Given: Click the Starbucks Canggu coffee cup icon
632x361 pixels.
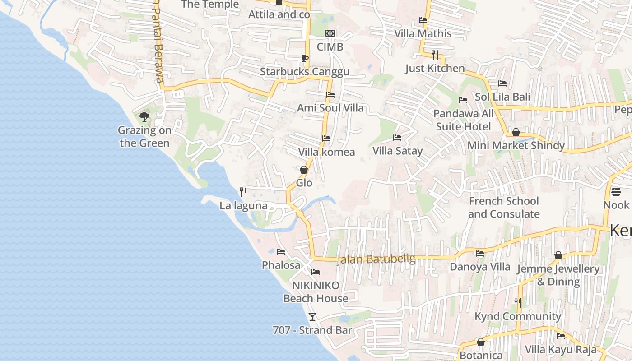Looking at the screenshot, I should (x=304, y=58).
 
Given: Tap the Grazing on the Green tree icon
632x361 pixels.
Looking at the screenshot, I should (x=144, y=117).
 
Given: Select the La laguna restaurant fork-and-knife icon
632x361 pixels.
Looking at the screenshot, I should (x=243, y=192).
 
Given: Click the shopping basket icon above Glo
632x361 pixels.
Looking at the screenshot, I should (x=304, y=170).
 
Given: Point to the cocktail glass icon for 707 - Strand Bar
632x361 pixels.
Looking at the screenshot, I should (x=312, y=316).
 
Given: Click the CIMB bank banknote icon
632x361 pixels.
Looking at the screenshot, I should (x=330, y=33).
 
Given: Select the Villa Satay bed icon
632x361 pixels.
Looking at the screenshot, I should (x=397, y=137).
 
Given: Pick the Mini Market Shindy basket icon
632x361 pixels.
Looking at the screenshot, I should (x=516, y=132).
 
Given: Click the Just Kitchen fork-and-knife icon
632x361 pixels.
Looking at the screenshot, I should (x=435, y=55).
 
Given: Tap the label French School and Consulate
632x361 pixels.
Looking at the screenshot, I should (x=504, y=207).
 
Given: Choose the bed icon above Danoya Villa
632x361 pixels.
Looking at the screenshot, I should (x=480, y=254).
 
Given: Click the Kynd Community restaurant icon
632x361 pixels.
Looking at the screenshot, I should (x=518, y=303).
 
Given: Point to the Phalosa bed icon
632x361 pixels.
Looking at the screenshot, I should (x=281, y=251).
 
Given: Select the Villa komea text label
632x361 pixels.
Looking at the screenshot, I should (x=326, y=152).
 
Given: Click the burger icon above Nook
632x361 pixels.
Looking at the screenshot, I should (x=616, y=192).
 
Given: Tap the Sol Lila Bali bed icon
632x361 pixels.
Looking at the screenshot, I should (x=502, y=83).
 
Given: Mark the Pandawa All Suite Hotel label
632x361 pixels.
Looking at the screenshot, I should (x=464, y=120).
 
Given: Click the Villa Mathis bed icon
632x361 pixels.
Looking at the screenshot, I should (x=423, y=20).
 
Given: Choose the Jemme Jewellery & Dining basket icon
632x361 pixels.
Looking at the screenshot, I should (x=558, y=255).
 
